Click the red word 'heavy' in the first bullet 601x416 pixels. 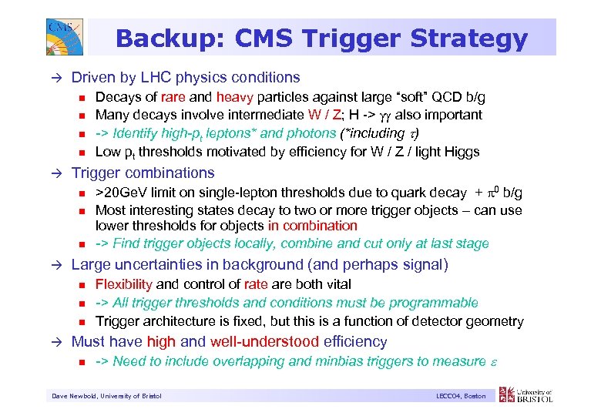tap(230, 97)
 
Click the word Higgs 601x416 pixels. tap(461, 152)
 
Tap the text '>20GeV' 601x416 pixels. tap(119, 193)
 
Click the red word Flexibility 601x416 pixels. tap(124, 285)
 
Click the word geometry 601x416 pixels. tap(495, 321)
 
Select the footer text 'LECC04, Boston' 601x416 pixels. tap(460, 396)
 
